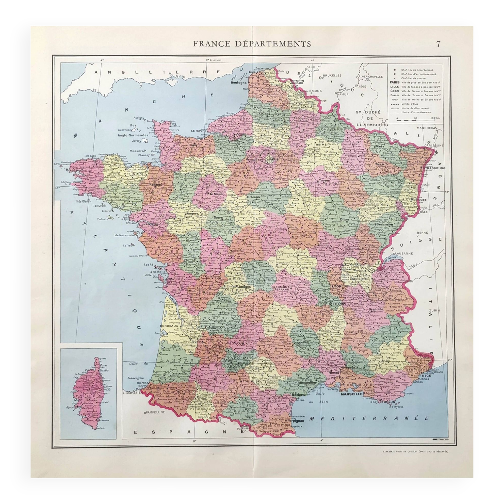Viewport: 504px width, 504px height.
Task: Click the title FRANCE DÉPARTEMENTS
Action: (x=252, y=44)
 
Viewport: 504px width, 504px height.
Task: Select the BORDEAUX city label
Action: (x=169, y=326)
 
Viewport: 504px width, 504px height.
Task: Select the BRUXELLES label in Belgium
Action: (x=332, y=76)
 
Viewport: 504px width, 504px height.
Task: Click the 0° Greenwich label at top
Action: (x=214, y=60)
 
